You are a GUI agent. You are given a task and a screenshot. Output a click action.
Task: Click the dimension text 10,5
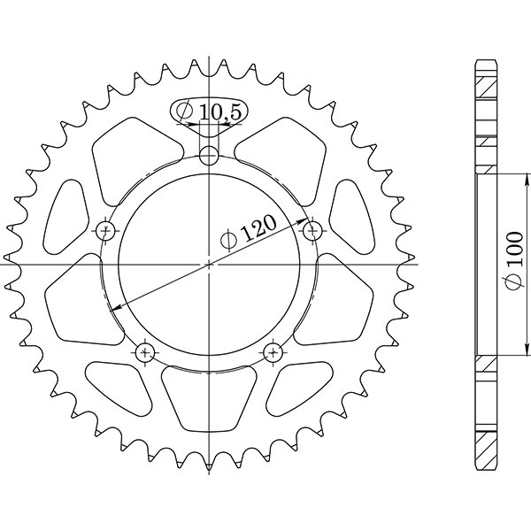tap(217, 112)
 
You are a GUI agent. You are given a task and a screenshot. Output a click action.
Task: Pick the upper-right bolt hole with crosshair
tap(311, 231)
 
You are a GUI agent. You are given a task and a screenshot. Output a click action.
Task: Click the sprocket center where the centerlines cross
tap(209, 264)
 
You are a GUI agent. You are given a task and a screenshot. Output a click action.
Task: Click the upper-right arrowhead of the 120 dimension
tap(305, 219)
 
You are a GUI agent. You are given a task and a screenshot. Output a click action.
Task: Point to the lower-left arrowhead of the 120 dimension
tap(113, 308)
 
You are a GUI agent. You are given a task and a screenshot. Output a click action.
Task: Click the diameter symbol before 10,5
tap(184, 112)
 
